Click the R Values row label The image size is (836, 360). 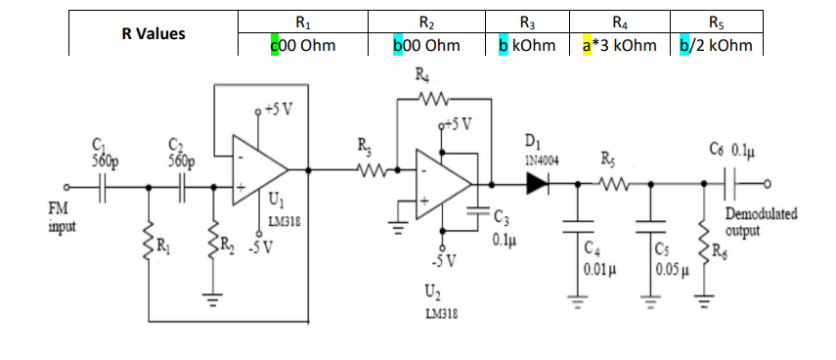[154, 34]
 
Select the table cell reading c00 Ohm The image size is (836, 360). [303, 45]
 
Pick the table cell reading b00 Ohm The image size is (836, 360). [425, 45]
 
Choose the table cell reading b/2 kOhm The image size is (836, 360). [717, 45]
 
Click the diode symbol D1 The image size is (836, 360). [536, 182]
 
